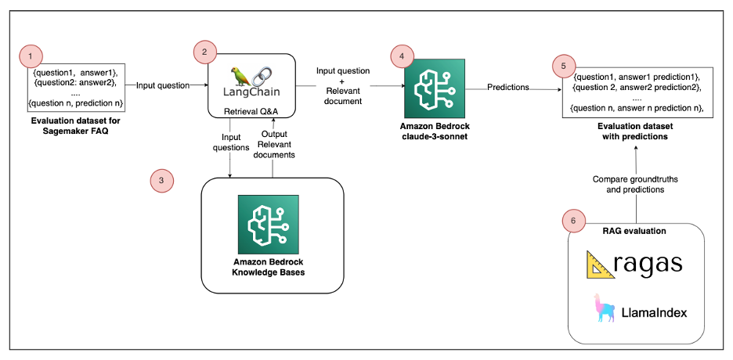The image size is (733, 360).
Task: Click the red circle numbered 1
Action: click(30, 56)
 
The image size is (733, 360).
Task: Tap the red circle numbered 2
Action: click(204, 52)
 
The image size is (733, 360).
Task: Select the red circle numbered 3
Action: click(161, 180)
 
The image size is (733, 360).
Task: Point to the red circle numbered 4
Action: click(402, 56)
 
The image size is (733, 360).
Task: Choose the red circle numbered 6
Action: click(574, 222)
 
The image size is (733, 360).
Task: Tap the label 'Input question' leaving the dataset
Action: click(163, 85)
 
